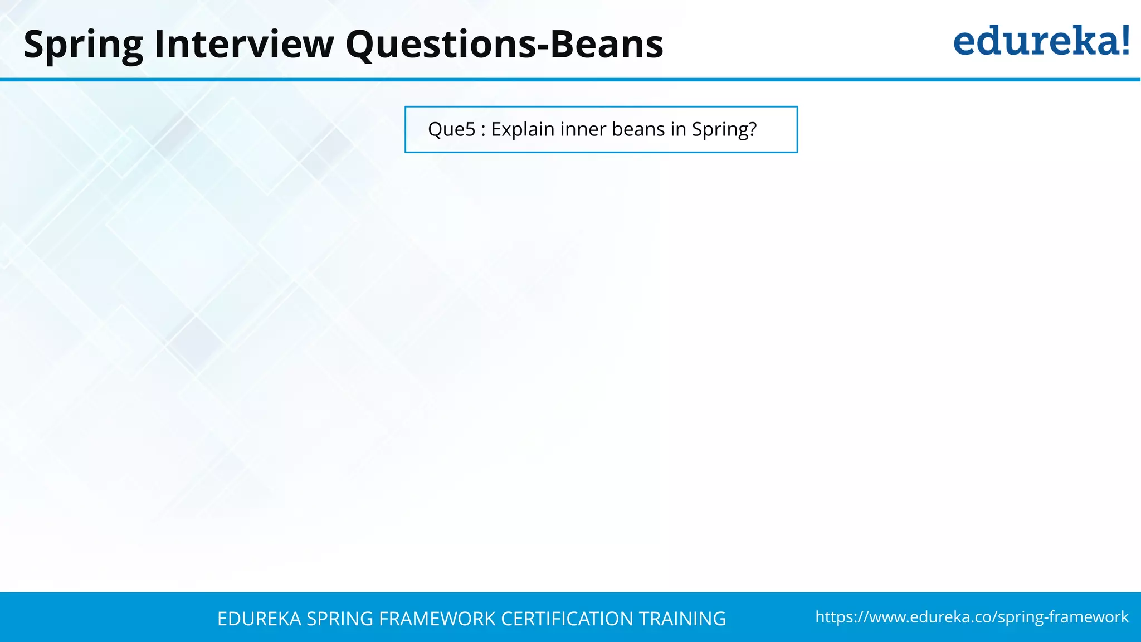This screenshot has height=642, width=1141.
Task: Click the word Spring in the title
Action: click(x=83, y=45)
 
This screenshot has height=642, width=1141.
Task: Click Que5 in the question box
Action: click(x=452, y=129)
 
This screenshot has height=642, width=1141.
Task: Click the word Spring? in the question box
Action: click(x=724, y=129)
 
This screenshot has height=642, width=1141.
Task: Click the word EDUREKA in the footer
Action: click(x=259, y=619)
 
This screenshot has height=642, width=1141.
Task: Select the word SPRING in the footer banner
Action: click(x=340, y=619)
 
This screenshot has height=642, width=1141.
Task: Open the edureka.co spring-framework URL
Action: click(x=972, y=617)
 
